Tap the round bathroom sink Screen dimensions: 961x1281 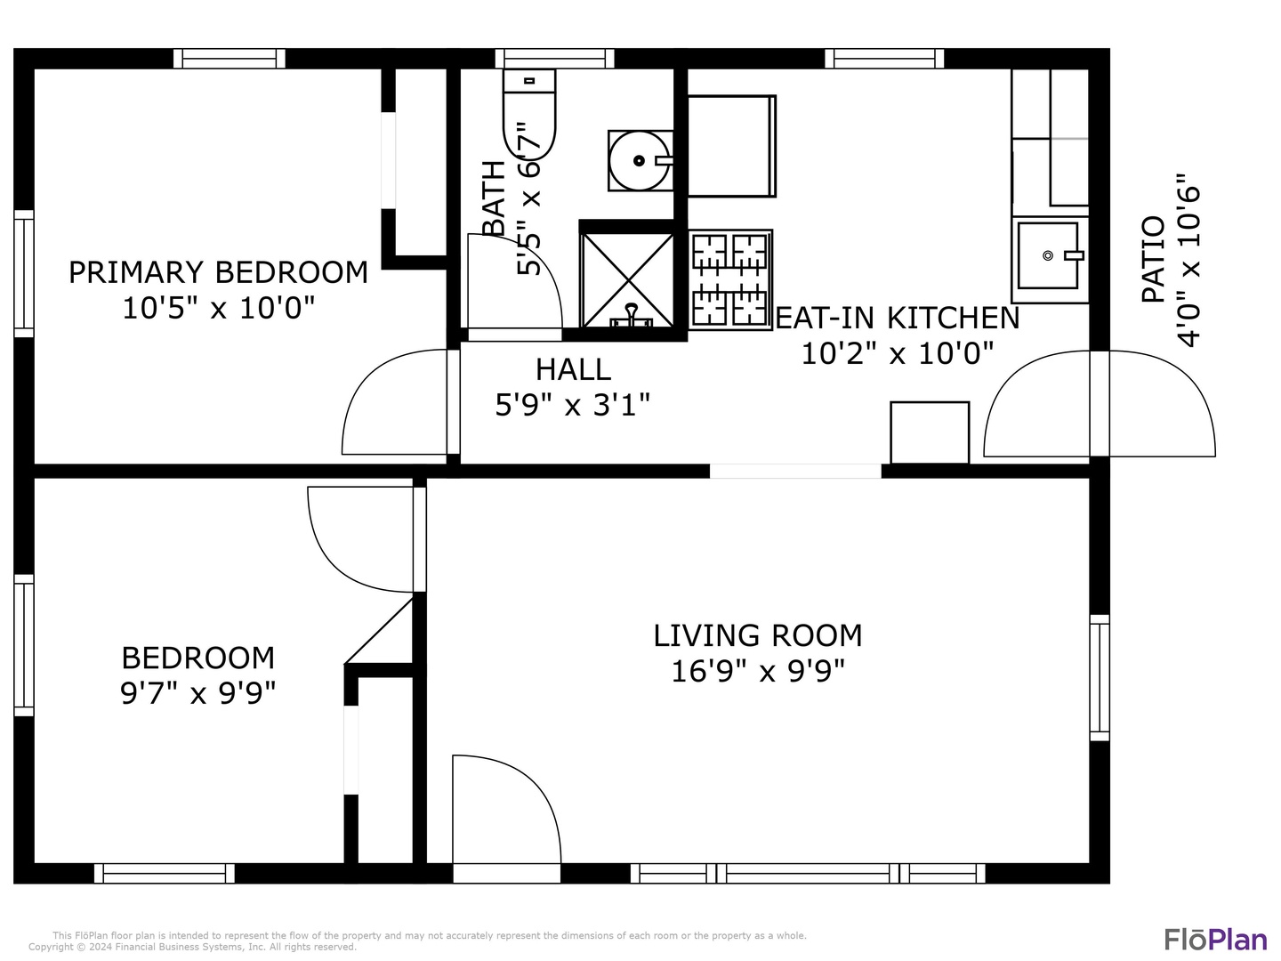pos(638,161)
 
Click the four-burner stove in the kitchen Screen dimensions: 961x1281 pos(729,279)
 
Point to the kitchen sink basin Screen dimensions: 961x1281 pos(1048,255)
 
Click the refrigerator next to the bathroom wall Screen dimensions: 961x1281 pos(731,146)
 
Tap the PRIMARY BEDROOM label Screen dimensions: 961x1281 pos(218,272)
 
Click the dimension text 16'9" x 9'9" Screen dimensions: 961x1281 pos(757,671)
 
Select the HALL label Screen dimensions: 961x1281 pos(573,369)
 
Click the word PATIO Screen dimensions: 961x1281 pos(1153,259)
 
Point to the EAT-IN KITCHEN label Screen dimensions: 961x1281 pos(897,318)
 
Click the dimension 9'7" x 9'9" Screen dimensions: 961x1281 pos(197,692)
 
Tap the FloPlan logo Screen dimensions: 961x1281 pos(1215,940)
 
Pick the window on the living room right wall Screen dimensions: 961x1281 pos(1100,677)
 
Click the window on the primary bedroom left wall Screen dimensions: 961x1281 pos(24,274)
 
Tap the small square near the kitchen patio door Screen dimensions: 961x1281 pos(930,432)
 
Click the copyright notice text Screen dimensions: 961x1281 pos(192,947)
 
